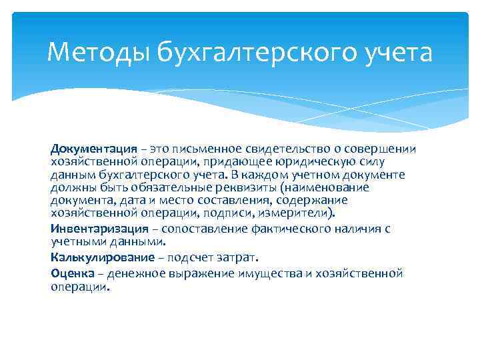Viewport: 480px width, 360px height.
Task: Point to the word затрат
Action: click(x=237, y=257)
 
